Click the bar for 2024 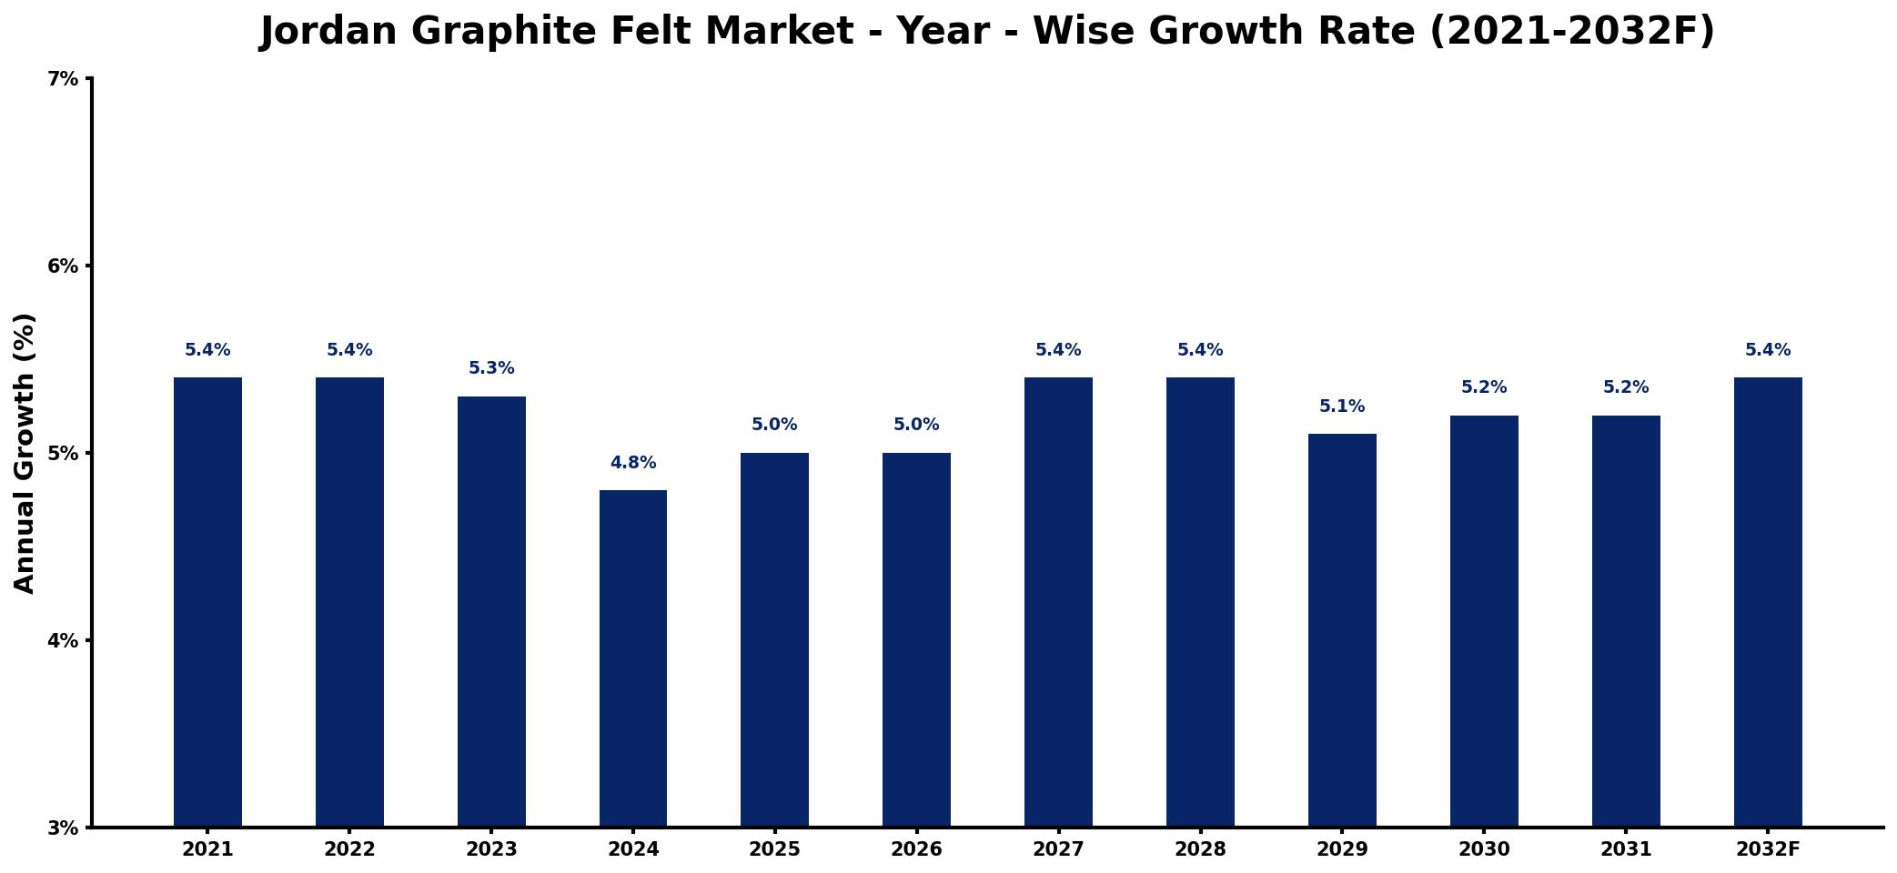(x=633, y=658)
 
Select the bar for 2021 (x=207, y=602)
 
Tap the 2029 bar (x=1342, y=630)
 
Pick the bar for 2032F (x=1768, y=602)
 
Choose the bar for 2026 (x=916, y=639)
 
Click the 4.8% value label (x=633, y=463)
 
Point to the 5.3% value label (x=491, y=368)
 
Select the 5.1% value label (x=1342, y=406)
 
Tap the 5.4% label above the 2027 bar (x=1058, y=350)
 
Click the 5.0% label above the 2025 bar (x=774, y=425)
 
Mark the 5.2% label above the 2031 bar (x=1626, y=387)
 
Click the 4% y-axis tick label (x=63, y=640)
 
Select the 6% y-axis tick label (x=63, y=266)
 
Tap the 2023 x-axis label (x=491, y=849)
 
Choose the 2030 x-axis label (x=1484, y=849)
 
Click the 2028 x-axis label (x=1200, y=849)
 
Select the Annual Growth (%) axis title (x=25, y=453)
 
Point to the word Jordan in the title (x=328, y=32)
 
